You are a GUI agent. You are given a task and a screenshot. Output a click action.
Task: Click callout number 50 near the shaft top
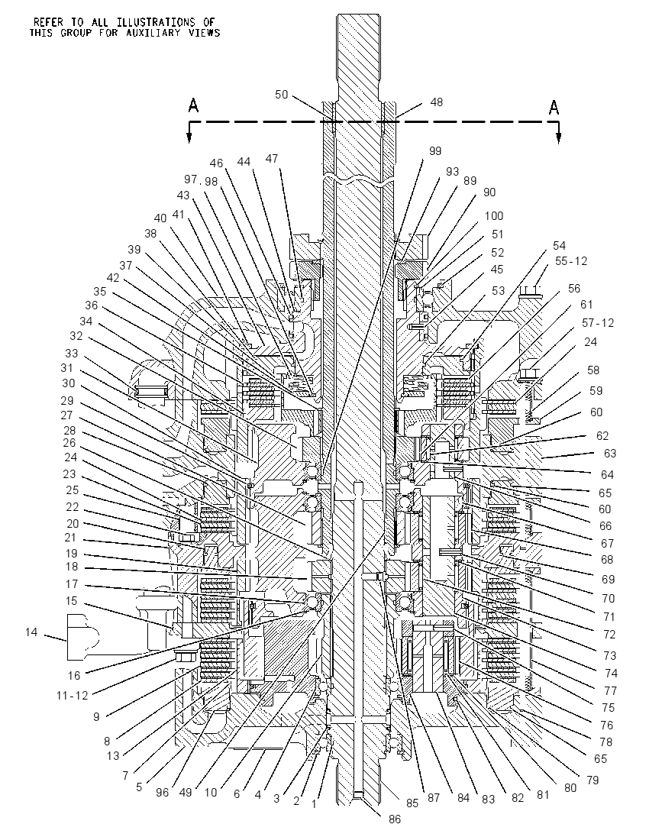281,95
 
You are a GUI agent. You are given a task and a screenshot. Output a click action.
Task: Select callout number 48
437,102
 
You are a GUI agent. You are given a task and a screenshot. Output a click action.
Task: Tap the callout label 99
435,151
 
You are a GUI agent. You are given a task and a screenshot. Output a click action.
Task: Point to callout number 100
494,216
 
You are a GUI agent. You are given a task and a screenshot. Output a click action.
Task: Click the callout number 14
31,632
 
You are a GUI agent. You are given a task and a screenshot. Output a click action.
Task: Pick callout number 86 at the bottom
395,819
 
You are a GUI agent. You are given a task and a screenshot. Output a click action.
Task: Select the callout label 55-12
571,261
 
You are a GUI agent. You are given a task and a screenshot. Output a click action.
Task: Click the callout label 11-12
72,695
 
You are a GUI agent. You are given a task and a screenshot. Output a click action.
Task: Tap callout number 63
609,453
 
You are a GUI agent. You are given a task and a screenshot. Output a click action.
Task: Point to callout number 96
162,793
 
